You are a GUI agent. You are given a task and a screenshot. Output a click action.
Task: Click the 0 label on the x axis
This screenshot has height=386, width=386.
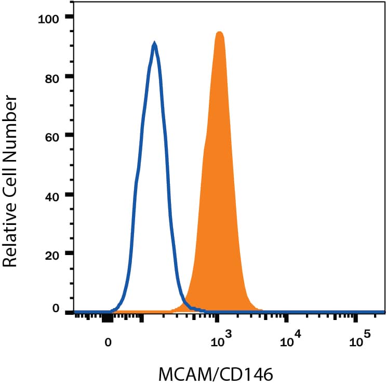[x=108, y=342]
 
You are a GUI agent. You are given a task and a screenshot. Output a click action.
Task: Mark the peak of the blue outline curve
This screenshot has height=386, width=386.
[x=154, y=45]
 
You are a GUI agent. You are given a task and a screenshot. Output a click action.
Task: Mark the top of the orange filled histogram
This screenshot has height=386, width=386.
[x=219, y=33]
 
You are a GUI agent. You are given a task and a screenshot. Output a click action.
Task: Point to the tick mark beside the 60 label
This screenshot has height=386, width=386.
[x=70, y=136]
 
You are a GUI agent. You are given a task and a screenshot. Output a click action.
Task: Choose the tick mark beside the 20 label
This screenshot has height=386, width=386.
[x=70, y=254]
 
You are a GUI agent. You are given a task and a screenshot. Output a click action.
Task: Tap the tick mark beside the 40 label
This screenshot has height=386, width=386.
[x=70, y=195]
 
